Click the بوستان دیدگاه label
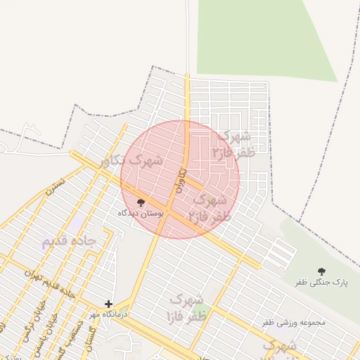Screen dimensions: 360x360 [141, 212]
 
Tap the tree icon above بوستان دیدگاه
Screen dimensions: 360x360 [141, 202]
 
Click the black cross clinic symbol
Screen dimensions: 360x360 [108, 304]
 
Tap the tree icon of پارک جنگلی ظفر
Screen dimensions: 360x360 [322, 271]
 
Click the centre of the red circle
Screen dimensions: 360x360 [180, 179]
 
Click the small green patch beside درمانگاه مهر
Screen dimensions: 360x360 [124, 311]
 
